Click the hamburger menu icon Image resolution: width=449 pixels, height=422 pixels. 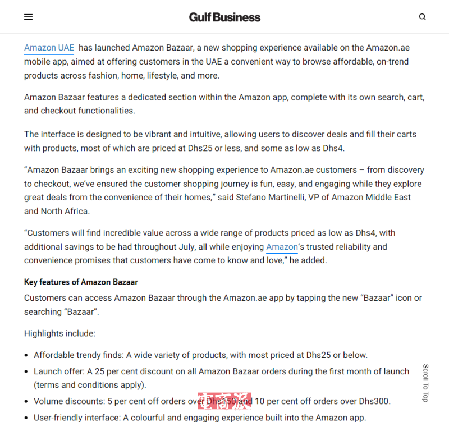29,17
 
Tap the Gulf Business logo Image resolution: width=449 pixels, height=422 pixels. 224,17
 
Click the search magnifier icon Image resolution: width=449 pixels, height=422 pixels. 423,17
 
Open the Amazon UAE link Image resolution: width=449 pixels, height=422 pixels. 49,48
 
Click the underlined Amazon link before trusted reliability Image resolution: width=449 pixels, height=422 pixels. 282,247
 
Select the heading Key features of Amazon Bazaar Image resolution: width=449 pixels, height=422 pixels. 81,282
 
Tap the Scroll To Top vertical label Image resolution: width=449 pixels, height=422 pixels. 425,383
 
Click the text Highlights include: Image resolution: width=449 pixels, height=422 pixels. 59,333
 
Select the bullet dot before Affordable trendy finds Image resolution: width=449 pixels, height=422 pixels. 27,355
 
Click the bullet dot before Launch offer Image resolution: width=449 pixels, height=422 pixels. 27,371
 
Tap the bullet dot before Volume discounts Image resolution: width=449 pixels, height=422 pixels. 27,402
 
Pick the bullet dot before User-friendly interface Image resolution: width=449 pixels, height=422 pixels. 27,418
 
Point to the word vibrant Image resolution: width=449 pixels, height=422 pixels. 148,135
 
